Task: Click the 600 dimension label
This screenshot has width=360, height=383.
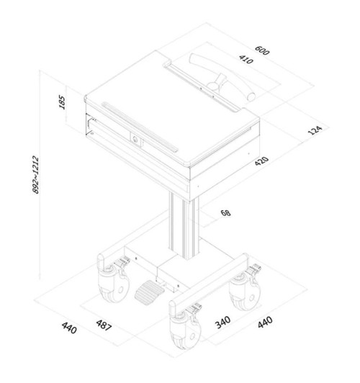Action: pyautogui.click(x=262, y=50)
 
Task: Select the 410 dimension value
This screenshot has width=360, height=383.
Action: pyautogui.click(x=246, y=59)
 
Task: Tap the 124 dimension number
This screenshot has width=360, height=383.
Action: pyautogui.click(x=315, y=130)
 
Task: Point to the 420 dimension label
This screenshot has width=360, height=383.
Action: pyautogui.click(x=261, y=161)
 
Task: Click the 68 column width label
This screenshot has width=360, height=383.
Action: pyautogui.click(x=225, y=213)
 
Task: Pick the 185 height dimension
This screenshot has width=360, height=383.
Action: pyautogui.click(x=62, y=102)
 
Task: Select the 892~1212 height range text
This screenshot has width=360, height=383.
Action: pyautogui.click(x=36, y=175)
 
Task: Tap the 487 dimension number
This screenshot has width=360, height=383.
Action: pyautogui.click(x=104, y=325)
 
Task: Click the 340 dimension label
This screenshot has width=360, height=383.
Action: pyautogui.click(x=222, y=323)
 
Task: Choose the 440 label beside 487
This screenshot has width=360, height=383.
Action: pyautogui.click(x=69, y=328)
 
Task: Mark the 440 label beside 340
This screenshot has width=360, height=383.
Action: pyautogui.click(x=265, y=323)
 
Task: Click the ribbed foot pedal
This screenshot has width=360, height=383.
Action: pyautogui.click(x=149, y=292)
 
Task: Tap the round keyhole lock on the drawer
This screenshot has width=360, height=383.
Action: pyautogui.click(x=135, y=140)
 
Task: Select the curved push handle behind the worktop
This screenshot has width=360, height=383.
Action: pyautogui.click(x=222, y=76)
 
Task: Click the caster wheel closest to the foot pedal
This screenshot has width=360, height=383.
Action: pyautogui.click(x=113, y=284)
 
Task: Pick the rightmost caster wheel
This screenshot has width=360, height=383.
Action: pyautogui.click(x=245, y=292)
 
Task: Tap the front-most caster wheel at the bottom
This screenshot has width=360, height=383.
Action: pyautogui.click(x=185, y=328)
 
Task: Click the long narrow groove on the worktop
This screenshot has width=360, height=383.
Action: pyautogui.click(x=140, y=127)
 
